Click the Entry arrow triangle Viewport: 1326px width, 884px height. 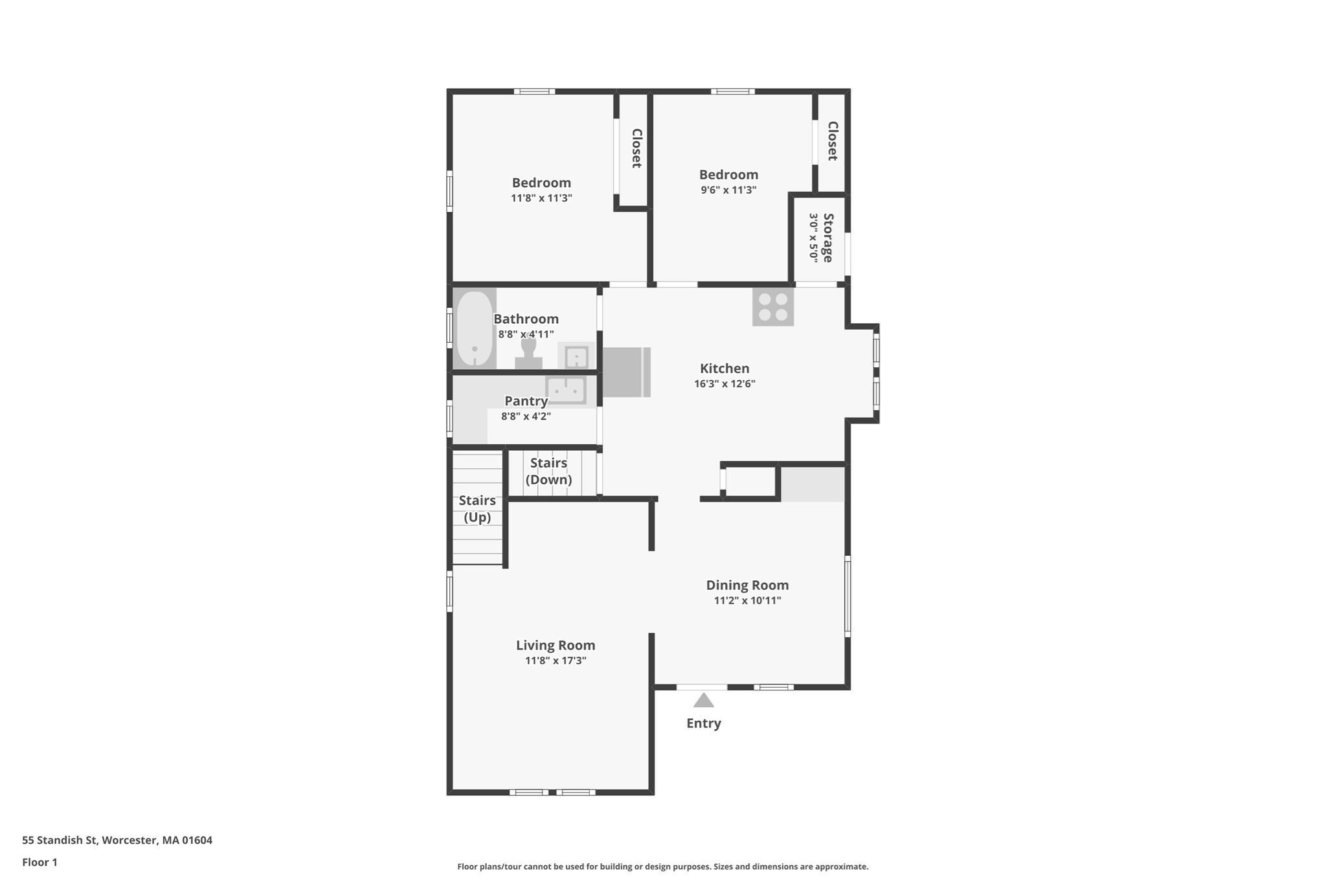point(703,701)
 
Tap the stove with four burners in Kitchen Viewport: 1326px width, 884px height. point(772,307)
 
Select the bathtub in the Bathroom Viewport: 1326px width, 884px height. point(474,329)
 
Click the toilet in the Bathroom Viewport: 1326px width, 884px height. point(528,353)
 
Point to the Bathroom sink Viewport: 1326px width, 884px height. point(576,357)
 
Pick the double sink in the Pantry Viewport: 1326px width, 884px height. point(566,391)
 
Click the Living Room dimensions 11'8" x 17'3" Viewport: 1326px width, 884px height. point(555,661)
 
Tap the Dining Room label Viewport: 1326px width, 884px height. point(747,585)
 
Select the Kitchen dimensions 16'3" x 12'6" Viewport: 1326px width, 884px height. point(724,383)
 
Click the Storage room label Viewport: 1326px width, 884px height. point(827,238)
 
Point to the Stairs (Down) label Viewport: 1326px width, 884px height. point(548,471)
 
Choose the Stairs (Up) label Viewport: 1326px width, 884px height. point(477,508)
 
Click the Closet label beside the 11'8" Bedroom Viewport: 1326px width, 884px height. point(636,148)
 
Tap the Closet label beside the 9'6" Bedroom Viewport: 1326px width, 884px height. point(832,141)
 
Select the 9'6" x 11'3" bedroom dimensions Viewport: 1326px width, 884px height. point(728,190)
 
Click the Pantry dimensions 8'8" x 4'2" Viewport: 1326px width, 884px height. point(525,416)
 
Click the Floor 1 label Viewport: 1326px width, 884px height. point(39,862)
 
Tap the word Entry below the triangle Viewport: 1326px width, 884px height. point(703,723)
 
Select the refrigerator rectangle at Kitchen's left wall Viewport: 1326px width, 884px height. point(626,372)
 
